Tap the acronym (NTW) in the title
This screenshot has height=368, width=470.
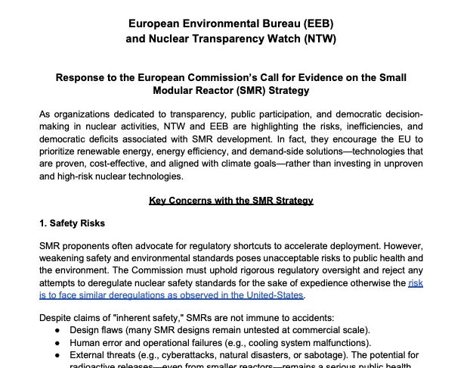pos(317,38)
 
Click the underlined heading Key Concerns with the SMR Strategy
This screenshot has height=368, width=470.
pos(230,201)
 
